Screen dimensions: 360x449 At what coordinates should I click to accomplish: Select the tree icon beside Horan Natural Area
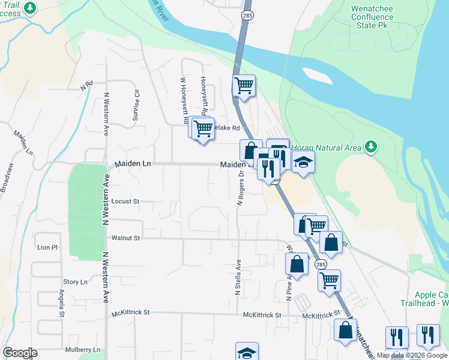[x=372, y=147]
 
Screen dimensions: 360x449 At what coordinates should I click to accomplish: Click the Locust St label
[x=126, y=202]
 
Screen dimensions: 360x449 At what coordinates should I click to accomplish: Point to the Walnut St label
[x=125, y=238]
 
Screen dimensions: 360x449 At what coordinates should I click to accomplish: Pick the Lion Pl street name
[x=47, y=247]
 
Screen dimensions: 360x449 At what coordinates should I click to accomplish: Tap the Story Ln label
[x=75, y=282]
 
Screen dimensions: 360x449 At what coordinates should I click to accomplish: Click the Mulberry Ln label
[x=84, y=350]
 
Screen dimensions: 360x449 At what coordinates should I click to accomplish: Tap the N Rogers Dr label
[x=240, y=190]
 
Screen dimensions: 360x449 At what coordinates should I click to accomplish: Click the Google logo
[x=20, y=353]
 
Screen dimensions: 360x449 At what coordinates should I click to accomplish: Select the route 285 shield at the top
[x=247, y=14]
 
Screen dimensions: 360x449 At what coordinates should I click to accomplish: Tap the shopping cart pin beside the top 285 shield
[x=244, y=86]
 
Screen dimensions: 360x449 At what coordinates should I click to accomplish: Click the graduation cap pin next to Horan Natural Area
[x=303, y=161]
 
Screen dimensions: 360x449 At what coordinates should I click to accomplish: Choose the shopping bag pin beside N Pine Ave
[x=297, y=263]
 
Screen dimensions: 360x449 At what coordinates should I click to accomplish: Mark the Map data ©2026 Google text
[x=412, y=355]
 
